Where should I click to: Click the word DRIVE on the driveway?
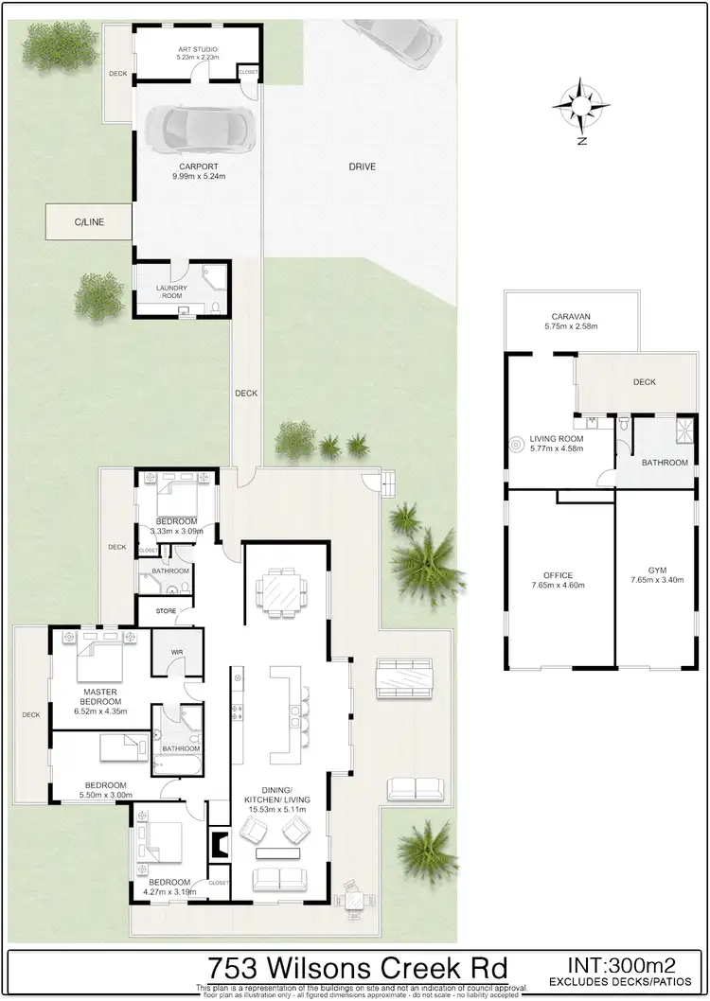click(x=362, y=167)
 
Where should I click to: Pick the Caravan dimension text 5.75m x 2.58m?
click(x=572, y=326)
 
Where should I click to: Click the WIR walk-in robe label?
click(x=177, y=653)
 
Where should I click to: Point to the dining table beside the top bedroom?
click(x=282, y=592)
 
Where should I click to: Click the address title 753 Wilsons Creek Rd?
click(x=357, y=969)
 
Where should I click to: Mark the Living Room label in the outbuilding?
click(x=556, y=439)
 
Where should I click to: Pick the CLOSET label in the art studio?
click(x=248, y=72)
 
